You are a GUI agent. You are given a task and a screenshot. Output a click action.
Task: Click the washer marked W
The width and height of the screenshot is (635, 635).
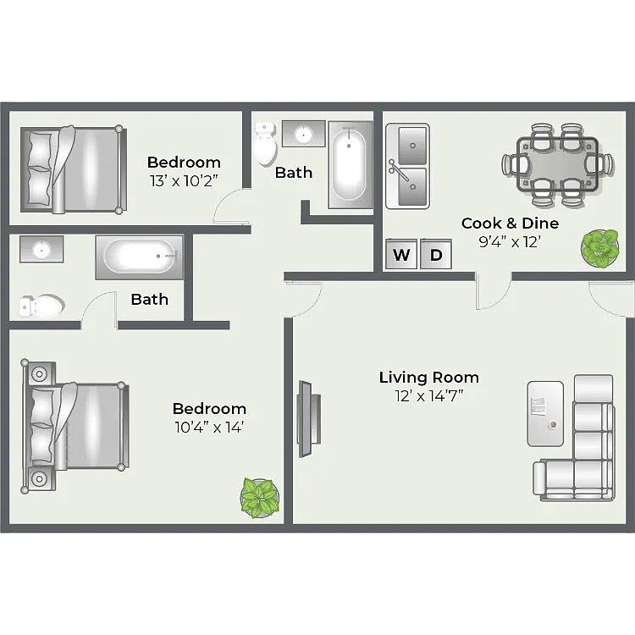pyautogui.click(x=401, y=254)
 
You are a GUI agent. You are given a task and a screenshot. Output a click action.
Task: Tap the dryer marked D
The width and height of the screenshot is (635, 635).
pyautogui.click(x=436, y=254)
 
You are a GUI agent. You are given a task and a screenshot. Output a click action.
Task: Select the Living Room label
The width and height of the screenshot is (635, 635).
pyautogui.click(x=429, y=378)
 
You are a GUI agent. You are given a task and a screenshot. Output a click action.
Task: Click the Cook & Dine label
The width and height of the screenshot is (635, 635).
pyautogui.click(x=510, y=224)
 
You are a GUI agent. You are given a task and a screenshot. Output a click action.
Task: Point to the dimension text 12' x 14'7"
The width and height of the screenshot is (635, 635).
pyautogui.click(x=429, y=395)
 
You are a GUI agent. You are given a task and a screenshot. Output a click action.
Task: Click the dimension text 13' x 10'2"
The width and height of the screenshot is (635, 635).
pyautogui.click(x=184, y=180)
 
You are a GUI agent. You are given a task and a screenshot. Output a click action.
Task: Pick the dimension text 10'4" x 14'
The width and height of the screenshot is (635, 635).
pyautogui.click(x=209, y=427)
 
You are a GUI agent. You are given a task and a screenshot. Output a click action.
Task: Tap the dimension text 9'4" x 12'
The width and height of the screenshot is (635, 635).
pyautogui.click(x=510, y=242)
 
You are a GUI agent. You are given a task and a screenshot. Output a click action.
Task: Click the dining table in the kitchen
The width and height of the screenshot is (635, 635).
pyautogui.click(x=557, y=164)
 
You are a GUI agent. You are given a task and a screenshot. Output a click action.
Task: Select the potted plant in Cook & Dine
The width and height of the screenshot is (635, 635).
pyautogui.click(x=600, y=248)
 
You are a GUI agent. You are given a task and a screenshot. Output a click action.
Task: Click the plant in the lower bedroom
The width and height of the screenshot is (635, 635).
pyautogui.click(x=260, y=498)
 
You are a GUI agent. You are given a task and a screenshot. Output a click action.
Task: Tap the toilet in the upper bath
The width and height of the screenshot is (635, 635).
pyautogui.click(x=265, y=144)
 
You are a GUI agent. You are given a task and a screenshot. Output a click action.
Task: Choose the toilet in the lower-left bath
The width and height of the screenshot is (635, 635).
pyautogui.click(x=41, y=306)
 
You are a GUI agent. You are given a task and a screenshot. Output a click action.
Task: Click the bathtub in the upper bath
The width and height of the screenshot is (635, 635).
pyautogui.click(x=351, y=164)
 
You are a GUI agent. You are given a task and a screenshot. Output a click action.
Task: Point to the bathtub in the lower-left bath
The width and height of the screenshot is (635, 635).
pyautogui.click(x=140, y=257)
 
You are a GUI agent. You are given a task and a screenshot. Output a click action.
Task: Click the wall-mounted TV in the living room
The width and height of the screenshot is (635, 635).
pyautogui.click(x=308, y=419)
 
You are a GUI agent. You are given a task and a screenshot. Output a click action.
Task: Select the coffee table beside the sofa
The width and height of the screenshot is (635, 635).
pyautogui.click(x=545, y=413)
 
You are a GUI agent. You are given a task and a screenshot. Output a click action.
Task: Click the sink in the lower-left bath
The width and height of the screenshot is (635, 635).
pyautogui.click(x=41, y=249)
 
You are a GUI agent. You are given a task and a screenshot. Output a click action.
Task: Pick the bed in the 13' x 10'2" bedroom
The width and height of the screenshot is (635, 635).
pyautogui.click(x=74, y=169)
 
